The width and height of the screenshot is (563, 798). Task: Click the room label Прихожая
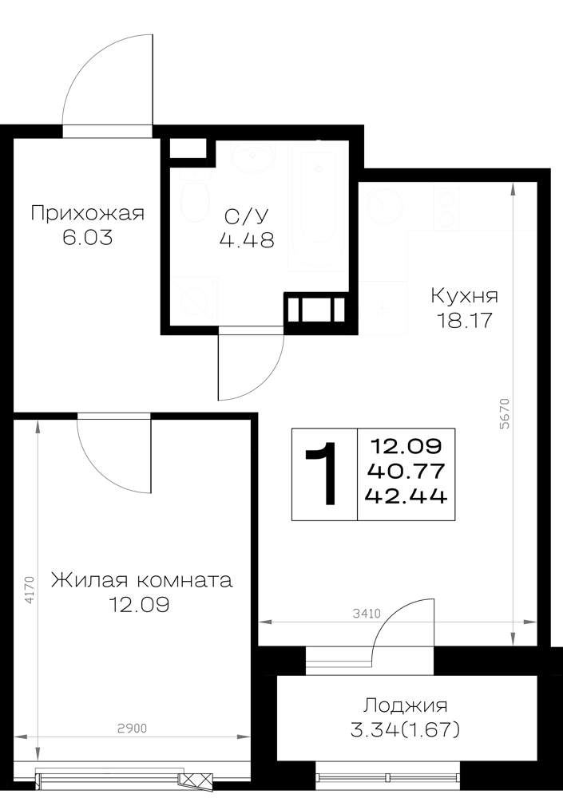pyautogui.click(x=88, y=214)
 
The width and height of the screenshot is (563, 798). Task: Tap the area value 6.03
pyautogui.click(x=88, y=238)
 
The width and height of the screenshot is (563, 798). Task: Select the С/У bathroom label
pyautogui.click(x=247, y=216)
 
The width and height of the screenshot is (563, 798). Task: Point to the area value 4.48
pyautogui.click(x=247, y=239)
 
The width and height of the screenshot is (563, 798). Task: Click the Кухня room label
pyautogui.click(x=465, y=296)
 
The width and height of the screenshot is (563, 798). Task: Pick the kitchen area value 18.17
pyautogui.click(x=464, y=321)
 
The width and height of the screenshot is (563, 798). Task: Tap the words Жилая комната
pyautogui.click(x=141, y=581)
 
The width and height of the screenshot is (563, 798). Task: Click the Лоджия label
pyautogui.click(x=406, y=706)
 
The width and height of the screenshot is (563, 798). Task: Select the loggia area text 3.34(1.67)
pyautogui.click(x=406, y=730)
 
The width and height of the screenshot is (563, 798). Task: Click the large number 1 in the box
pyautogui.click(x=322, y=474)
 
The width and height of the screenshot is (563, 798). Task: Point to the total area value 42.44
pyautogui.click(x=406, y=496)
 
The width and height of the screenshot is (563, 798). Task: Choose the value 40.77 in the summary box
pyautogui.click(x=406, y=471)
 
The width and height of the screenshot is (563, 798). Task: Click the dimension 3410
pyautogui.click(x=367, y=614)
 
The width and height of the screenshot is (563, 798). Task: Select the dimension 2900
pyautogui.click(x=133, y=729)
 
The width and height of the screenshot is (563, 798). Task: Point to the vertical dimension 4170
pyautogui.click(x=30, y=591)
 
